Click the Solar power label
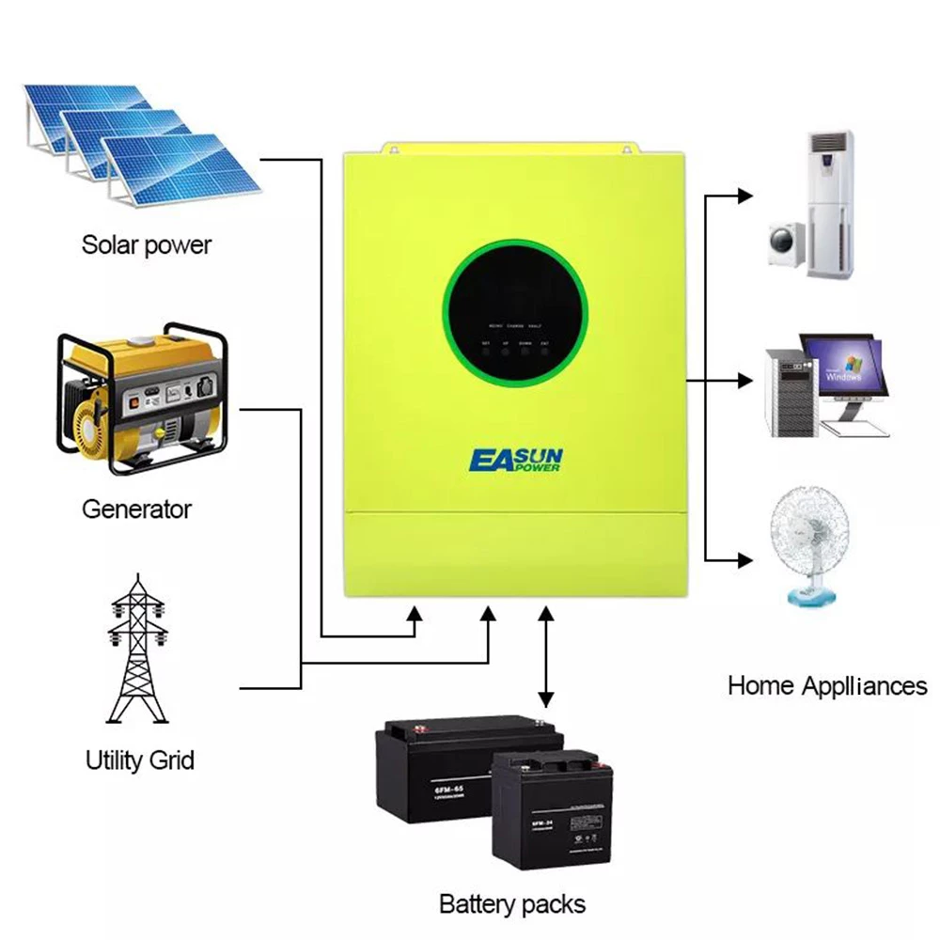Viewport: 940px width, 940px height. pyautogui.click(x=146, y=245)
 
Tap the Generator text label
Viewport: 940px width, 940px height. pyautogui.click(x=136, y=509)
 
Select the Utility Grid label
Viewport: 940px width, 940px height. pyautogui.click(x=139, y=760)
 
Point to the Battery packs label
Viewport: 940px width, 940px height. pyautogui.click(x=512, y=904)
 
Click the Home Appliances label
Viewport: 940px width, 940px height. pyautogui.click(x=827, y=685)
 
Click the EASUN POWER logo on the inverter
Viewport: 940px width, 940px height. pyautogui.click(x=516, y=460)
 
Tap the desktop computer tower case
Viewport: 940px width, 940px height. pyautogui.click(x=788, y=393)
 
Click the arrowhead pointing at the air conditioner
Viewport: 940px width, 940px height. pyautogui.click(x=746, y=196)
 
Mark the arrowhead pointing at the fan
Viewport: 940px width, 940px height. pyautogui.click(x=746, y=560)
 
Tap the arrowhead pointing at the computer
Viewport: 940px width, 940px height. pyautogui.click(x=746, y=381)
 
